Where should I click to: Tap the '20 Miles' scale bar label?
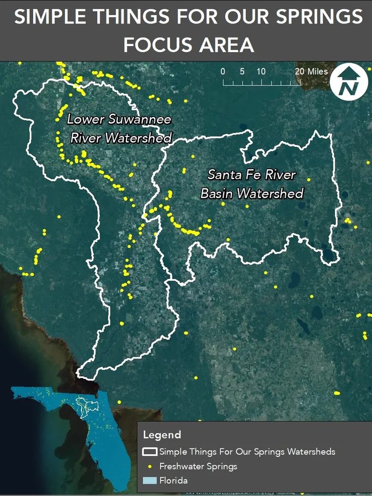pos(311,71)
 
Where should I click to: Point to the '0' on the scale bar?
pos(223,71)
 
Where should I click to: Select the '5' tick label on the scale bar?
pos(242,71)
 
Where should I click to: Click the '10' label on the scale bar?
pos(261,71)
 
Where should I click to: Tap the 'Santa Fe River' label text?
pos(251,175)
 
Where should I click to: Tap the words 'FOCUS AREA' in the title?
pos(188,45)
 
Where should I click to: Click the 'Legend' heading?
pos(162,435)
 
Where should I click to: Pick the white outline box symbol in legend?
pos(150,452)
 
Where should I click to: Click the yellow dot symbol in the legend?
pos(150,466)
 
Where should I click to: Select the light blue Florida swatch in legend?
pos(150,481)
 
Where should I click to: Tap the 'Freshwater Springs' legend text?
pos(198,466)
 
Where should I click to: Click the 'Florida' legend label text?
pos(173,481)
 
